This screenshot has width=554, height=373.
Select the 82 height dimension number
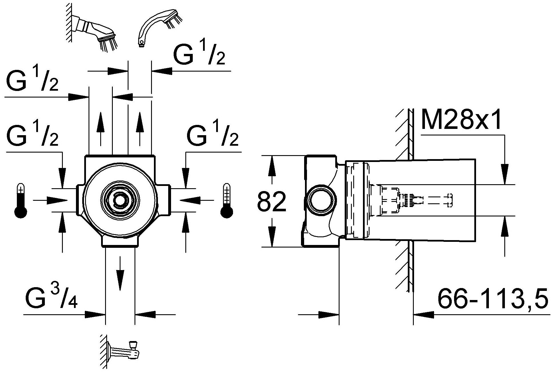pyautogui.click(x=272, y=202)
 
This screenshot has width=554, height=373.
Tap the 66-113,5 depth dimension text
pyautogui.click(x=493, y=299)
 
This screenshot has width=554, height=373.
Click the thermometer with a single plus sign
pyautogui.click(x=21, y=201)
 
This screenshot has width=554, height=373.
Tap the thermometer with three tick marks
pyautogui.click(x=226, y=201)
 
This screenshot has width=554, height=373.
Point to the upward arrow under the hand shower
pyautogui.click(x=140, y=128)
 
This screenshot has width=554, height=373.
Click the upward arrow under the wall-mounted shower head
pyautogui.click(x=101, y=128)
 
